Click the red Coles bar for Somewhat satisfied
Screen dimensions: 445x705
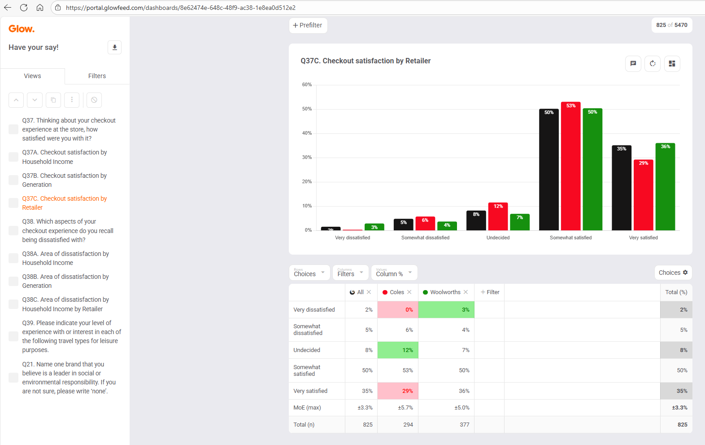point(570,166)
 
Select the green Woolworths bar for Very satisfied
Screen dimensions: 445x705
point(665,187)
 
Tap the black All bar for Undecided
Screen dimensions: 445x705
point(476,220)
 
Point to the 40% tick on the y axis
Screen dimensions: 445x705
point(307,133)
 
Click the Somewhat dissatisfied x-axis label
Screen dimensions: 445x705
point(425,238)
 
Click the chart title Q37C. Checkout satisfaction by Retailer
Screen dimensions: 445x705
point(366,61)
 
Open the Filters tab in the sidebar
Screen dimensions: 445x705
point(97,76)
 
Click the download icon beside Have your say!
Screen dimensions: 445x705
point(115,47)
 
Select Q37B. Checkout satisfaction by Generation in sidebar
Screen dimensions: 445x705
point(65,180)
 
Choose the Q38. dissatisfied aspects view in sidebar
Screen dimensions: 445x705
point(68,231)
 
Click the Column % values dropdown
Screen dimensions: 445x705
point(394,273)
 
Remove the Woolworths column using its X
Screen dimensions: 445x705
point(466,292)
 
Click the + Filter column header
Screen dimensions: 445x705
point(490,292)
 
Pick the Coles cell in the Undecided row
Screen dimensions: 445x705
point(398,350)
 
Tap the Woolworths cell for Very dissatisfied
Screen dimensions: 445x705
point(446,310)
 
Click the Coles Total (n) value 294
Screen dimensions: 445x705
point(408,425)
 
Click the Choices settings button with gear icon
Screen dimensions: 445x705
point(673,273)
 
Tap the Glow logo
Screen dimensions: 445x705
point(21,29)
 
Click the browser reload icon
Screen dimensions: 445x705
point(24,8)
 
